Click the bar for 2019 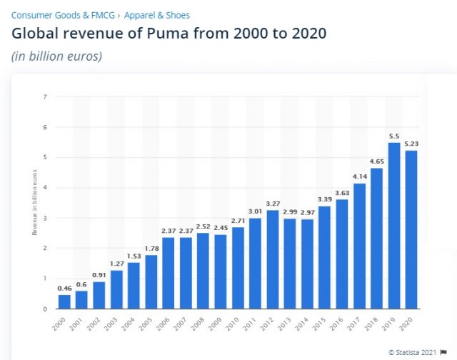click(x=393, y=226)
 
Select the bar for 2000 click(x=64, y=301)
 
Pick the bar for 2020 click(x=411, y=229)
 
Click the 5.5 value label click(x=393, y=136)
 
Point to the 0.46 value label click(x=64, y=288)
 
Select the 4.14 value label click(x=358, y=176)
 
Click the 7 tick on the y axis click(x=45, y=96)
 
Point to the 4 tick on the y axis click(x=45, y=188)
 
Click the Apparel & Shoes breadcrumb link click(x=157, y=15)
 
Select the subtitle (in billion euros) click(x=56, y=56)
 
